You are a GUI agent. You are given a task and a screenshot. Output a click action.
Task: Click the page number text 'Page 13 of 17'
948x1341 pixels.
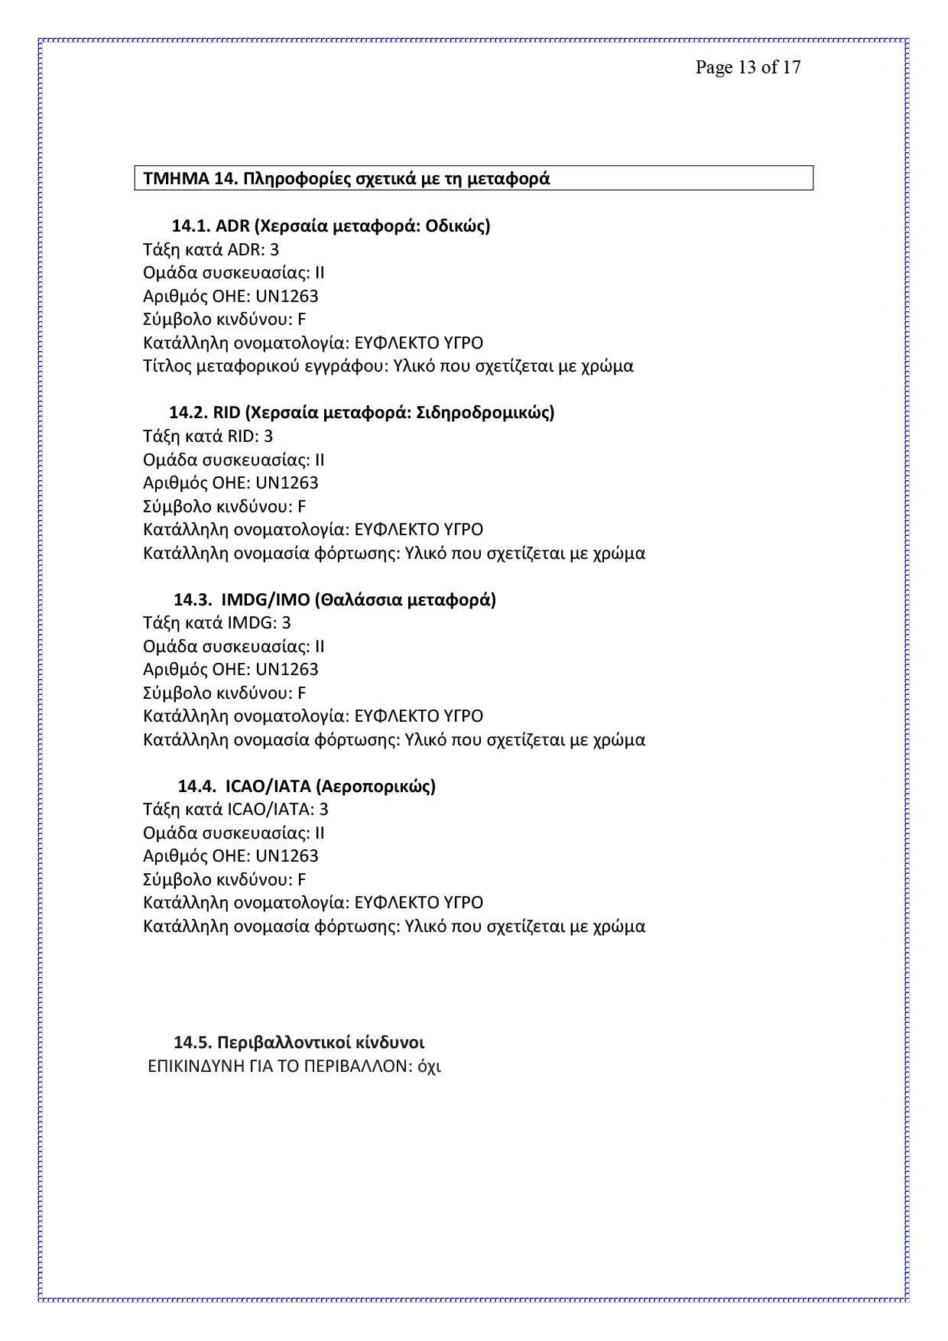point(748,67)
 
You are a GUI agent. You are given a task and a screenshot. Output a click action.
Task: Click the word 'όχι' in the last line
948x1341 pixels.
point(430,1066)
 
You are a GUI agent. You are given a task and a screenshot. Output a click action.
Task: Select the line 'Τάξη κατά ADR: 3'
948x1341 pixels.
point(211,249)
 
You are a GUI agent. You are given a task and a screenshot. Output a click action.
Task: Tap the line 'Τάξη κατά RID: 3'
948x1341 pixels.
point(208,436)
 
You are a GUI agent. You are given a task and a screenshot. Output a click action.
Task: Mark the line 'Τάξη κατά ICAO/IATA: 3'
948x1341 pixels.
point(235,809)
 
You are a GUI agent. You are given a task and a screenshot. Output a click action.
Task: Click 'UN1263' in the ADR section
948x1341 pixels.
point(287,296)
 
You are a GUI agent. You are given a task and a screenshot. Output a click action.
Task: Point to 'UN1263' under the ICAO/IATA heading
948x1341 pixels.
point(287,856)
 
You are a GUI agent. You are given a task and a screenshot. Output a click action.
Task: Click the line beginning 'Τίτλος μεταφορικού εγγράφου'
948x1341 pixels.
point(388,366)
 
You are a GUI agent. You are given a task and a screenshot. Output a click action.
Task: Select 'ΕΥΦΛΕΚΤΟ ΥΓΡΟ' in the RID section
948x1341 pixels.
point(419,529)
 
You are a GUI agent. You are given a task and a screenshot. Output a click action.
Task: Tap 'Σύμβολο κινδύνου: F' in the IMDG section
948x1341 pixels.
point(224,693)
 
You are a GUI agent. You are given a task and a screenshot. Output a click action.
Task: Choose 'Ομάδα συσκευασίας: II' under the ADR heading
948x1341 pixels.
point(233,273)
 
